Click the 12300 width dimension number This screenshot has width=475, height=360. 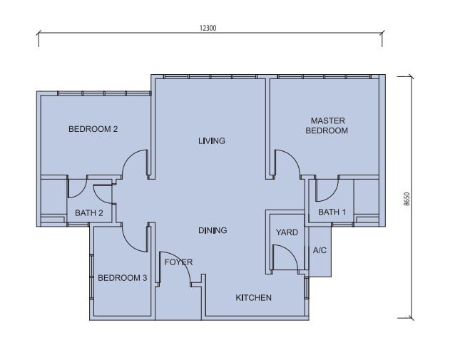point(208,28)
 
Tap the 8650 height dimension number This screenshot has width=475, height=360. point(407,199)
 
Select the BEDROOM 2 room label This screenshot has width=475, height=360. point(93,129)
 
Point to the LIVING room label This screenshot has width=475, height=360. point(212,140)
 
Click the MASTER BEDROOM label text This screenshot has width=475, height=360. point(327,125)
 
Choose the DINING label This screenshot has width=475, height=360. point(213,230)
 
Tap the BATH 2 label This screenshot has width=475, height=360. point(89,213)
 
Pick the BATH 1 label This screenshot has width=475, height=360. point(332,212)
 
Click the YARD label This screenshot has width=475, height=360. point(287,232)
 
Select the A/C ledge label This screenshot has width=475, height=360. point(320,250)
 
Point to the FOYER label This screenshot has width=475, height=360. point(178,262)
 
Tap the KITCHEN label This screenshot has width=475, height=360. point(254,298)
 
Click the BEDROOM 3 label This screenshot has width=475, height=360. point(123,277)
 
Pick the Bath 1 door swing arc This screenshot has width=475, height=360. point(332,195)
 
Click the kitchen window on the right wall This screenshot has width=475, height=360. point(307,287)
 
